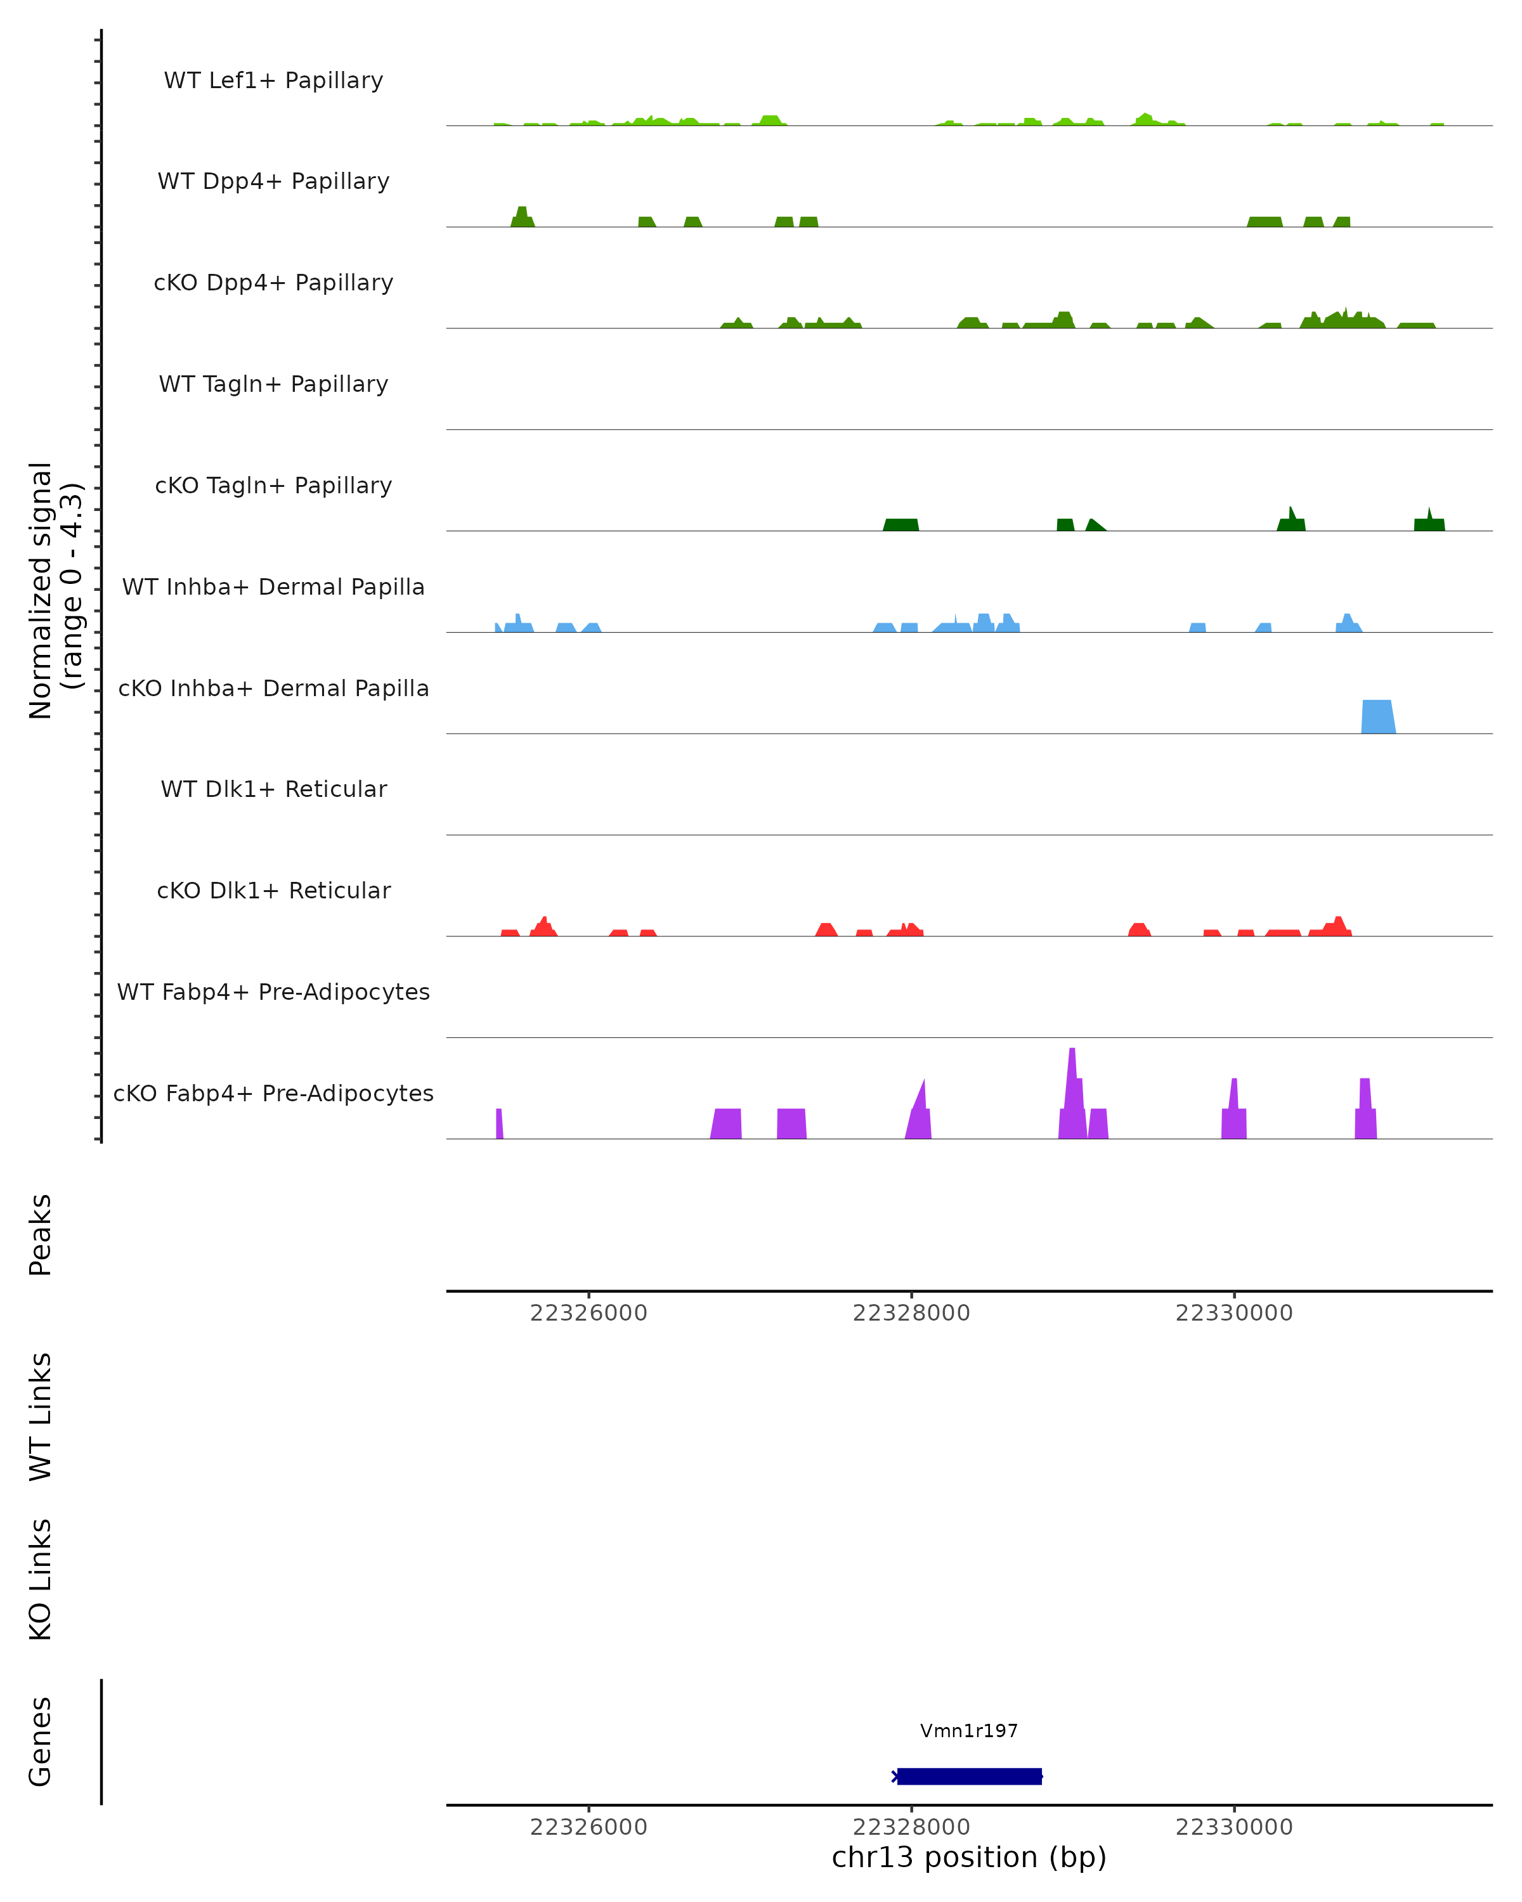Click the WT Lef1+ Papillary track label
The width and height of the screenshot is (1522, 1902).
(x=273, y=81)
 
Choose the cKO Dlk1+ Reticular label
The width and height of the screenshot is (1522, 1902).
(x=273, y=890)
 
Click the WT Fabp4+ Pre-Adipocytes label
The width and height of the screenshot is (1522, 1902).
(x=273, y=992)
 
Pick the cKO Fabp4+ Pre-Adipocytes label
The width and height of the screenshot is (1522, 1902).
(x=273, y=1093)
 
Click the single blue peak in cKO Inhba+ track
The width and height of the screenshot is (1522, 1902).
(x=1377, y=716)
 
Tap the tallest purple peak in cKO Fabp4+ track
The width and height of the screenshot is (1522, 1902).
(x=1072, y=1094)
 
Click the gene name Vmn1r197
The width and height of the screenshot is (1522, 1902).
(x=969, y=1731)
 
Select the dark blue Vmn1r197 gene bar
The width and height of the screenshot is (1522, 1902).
(x=969, y=1776)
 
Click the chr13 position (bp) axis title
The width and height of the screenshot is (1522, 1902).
(x=969, y=1857)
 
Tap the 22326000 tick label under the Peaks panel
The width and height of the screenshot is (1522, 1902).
(x=589, y=1313)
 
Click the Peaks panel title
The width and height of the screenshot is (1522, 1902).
(x=41, y=1234)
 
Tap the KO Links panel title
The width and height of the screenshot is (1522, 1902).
(x=41, y=1579)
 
